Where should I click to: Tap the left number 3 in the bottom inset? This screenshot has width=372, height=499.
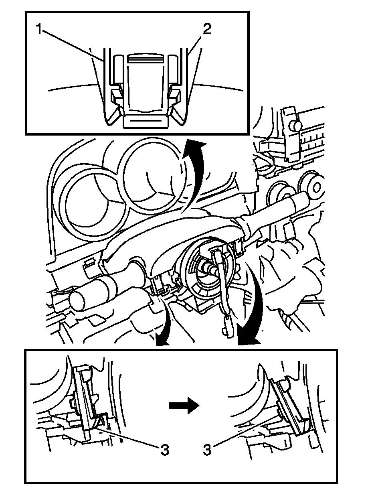coord(164,450)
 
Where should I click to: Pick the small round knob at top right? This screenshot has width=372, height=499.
coord(296,126)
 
